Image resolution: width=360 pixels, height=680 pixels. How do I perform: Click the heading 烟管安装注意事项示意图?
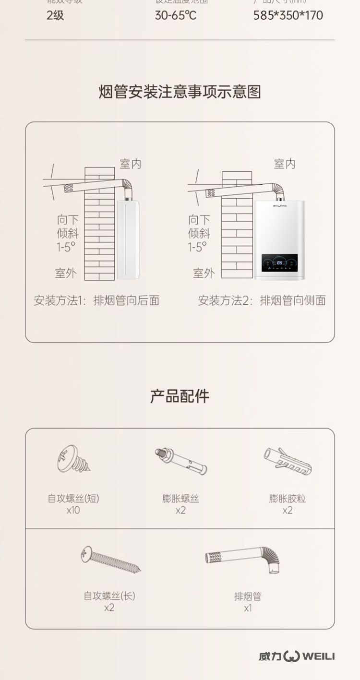pyautogui.click(x=180, y=91)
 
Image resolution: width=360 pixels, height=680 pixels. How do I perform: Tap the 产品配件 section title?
pyautogui.click(x=180, y=396)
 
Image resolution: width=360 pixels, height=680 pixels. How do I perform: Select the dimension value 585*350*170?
pyautogui.click(x=288, y=15)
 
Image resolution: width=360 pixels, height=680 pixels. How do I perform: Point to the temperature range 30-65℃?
pyautogui.click(x=175, y=15)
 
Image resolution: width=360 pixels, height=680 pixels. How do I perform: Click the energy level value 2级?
pyautogui.click(x=55, y=15)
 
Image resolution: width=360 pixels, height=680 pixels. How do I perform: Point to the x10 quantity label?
pyautogui.click(x=73, y=510)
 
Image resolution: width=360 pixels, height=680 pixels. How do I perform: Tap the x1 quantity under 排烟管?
pyautogui.click(x=248, y=608)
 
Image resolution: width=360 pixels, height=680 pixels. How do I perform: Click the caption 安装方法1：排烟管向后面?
pyautogui.click(x=96, y=301)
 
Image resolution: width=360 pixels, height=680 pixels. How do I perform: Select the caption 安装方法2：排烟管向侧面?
pyautogui.click(x=262, y=301)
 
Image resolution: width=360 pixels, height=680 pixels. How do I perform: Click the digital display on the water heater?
pyautogui.click(x=280, y=263)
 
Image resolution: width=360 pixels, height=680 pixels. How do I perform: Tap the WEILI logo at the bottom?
pyautogui.click(x=297, y=656)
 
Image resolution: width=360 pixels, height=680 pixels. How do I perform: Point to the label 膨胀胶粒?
pyautogui.click(x=287, y=499)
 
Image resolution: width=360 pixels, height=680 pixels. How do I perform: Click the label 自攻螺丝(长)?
pyautogui.click(x=109, y=596)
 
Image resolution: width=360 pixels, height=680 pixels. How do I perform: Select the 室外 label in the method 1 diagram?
pyautogui.click(x=66, y=273)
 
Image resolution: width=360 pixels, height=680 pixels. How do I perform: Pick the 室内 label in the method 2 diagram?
pyautogui.click(x=285, y=164)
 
